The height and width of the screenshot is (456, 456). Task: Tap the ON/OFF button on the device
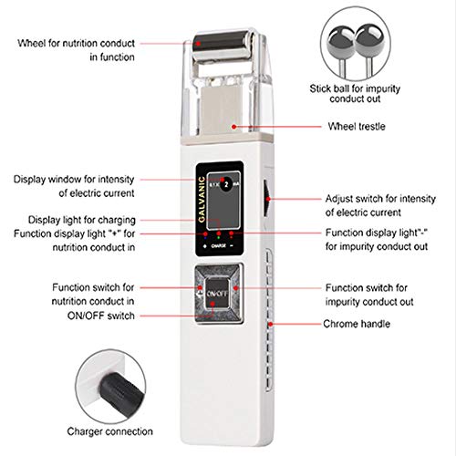217,294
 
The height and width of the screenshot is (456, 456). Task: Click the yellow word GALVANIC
202,200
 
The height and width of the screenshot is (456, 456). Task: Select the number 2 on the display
226,184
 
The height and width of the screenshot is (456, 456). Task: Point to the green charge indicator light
218,237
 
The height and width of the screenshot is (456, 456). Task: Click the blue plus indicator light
205,238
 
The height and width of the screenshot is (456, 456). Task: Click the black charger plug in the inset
121,393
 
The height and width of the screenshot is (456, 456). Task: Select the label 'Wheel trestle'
357,127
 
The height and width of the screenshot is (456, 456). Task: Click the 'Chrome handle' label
357,324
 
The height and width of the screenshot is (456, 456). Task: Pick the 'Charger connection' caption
109,431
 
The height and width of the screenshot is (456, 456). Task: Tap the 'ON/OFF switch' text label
101,316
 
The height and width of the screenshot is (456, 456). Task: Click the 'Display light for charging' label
82,220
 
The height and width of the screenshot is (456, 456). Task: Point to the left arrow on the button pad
200,294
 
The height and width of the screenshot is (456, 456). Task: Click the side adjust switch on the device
266,198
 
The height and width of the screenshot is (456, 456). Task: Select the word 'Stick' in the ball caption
320,88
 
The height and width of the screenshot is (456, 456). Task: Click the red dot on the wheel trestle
233,127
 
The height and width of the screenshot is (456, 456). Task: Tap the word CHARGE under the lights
219,245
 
